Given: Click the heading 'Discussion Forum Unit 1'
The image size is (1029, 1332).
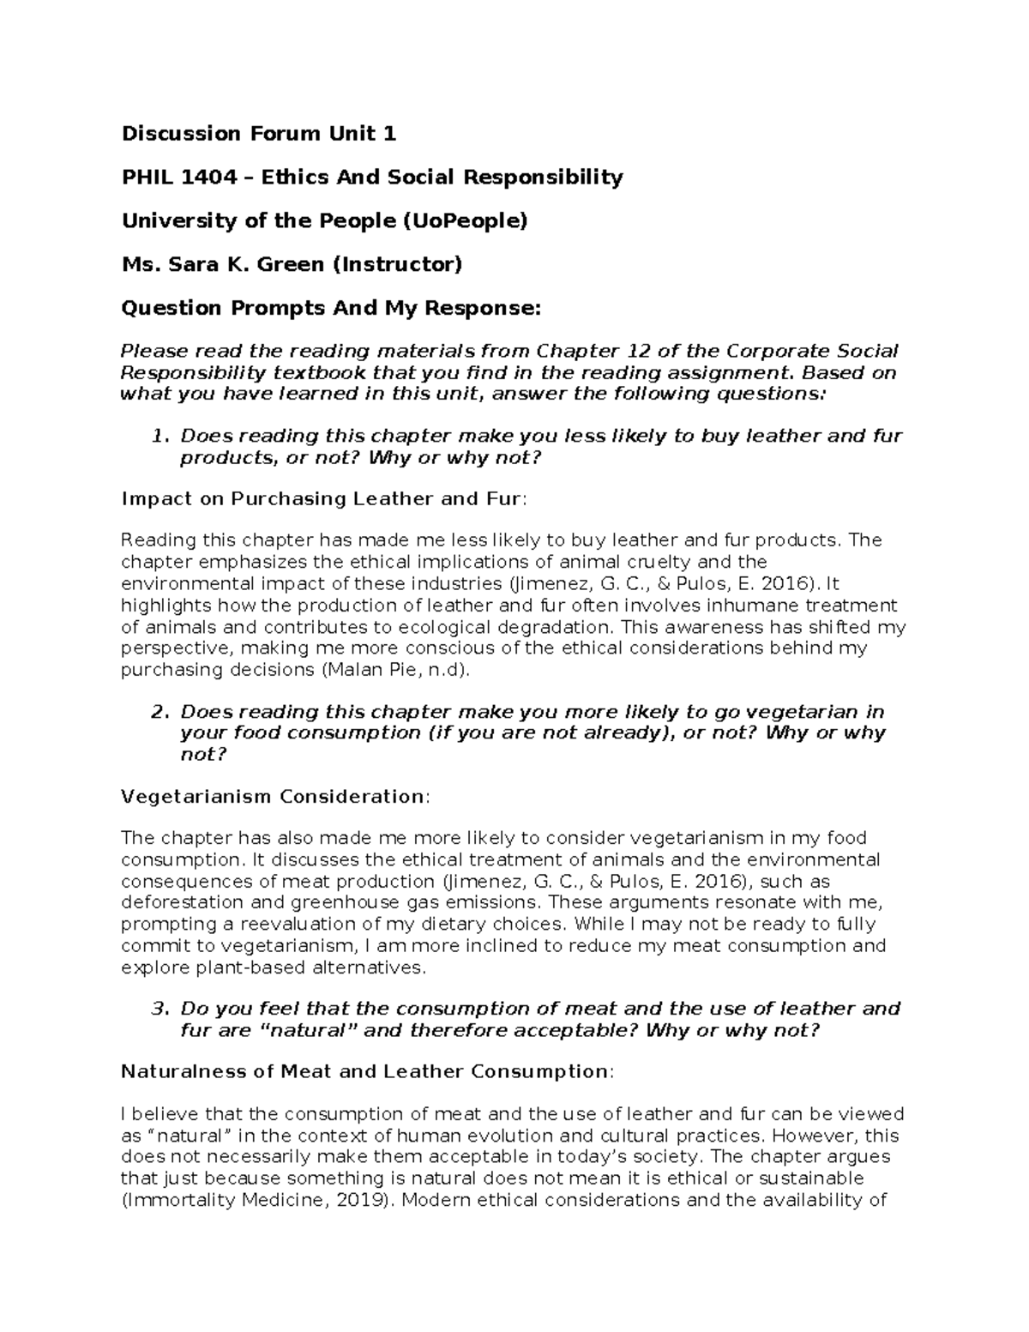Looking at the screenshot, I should pos(259,134).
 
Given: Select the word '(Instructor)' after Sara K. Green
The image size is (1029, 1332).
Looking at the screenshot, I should pos(396,264).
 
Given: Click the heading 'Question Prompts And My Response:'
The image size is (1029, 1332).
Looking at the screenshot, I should pos(332,308).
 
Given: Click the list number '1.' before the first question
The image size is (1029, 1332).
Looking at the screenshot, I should pos(159,437).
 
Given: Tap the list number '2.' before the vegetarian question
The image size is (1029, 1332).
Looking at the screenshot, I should pos(159,713).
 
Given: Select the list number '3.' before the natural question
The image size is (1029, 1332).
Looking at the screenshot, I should pos(159,1009).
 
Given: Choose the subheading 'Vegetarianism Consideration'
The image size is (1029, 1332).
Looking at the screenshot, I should pos(273,797).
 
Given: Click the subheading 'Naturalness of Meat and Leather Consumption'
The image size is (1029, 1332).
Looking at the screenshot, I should pos(364,1072).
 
